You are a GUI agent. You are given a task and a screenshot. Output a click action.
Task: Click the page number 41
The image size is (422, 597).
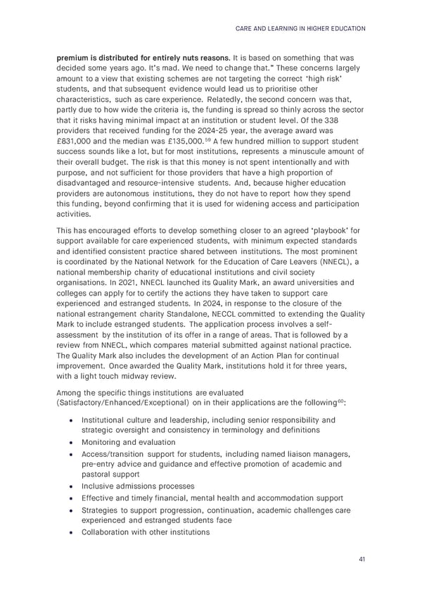[361, 559]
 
